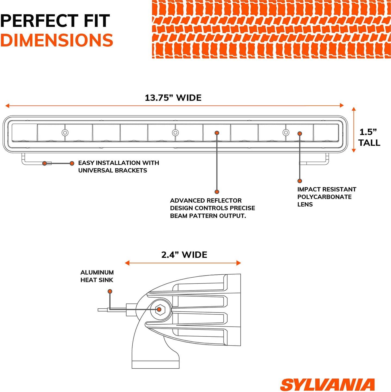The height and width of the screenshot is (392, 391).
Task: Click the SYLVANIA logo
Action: pos(327,385)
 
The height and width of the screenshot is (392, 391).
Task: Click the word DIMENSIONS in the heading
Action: pos(57,40)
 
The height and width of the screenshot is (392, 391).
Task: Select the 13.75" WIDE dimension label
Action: pos(173,98)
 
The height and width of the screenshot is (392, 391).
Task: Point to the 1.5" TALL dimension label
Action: pos(369,137)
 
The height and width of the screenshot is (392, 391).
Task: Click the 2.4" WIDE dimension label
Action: pos(184,255)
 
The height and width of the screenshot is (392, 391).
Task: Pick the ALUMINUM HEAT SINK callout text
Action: pos(97,276)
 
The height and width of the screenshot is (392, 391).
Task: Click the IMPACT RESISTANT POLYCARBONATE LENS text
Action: pos(326,197)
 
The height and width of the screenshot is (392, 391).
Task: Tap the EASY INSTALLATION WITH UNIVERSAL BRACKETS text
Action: pos(118,167)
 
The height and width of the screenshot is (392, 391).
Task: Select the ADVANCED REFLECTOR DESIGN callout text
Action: pos(212,208)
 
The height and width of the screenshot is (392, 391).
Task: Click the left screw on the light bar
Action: pos(65,133)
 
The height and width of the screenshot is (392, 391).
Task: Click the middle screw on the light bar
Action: pos(175,133)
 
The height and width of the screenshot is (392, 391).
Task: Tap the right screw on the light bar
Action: pos(286,133)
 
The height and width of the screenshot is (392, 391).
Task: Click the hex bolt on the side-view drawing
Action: pos(159,309)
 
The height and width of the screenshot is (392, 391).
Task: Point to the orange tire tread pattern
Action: pos(271,29)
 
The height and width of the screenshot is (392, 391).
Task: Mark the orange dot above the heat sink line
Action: pos(110,291)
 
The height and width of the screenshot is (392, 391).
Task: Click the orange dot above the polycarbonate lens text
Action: pos(300,181)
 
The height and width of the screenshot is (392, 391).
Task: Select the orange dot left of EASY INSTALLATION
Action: pos(72,163)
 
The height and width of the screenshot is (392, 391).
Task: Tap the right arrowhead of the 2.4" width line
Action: pos(239,263)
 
